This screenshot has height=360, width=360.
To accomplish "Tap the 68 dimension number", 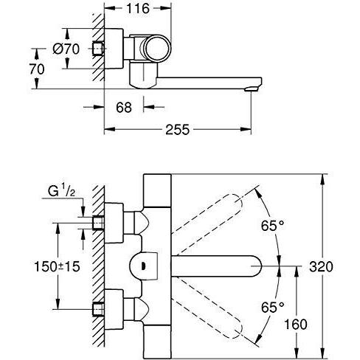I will click(x=124, y=107).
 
